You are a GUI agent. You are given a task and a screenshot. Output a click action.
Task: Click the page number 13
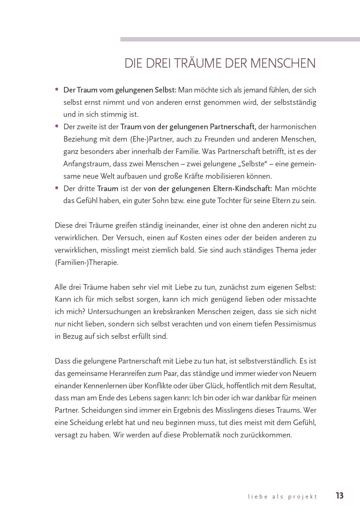pyautogui.click(x=340, y=495)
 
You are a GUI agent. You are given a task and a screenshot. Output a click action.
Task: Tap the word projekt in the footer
pyautogui.click(x=303, y=496)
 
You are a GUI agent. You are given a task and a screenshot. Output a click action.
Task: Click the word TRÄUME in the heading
pyautogui.click(x=196, y=63)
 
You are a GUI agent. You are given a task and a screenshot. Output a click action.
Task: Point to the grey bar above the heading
pyautogui.click(x=240, y=39)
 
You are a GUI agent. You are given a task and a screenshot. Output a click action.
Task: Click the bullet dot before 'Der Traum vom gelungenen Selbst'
pyautogui.click(x=57, y=89)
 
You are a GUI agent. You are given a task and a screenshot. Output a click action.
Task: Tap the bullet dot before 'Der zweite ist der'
pyautogui.click(x=57, y=126)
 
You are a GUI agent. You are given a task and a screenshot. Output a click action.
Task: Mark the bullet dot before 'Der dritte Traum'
pyautogui.click(x=57, y=188)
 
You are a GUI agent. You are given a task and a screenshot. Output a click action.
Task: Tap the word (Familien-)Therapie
pyautogui.click(x=87, y=262)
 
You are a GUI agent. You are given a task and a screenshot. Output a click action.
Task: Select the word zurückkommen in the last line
pyautogui.click(x=266, y=435)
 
